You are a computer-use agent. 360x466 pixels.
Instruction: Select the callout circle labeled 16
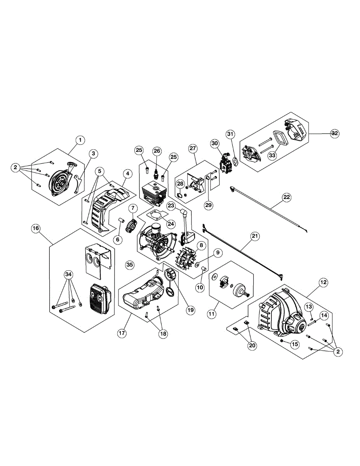[35, 229]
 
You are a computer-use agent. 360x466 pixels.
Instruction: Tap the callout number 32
[334, 133]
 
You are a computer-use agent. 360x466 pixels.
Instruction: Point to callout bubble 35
[130, 265]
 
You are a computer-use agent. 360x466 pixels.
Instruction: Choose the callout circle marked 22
[286, 197]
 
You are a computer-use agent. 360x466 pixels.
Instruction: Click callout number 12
[323, 283]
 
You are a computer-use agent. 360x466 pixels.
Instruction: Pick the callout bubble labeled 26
[157, 150]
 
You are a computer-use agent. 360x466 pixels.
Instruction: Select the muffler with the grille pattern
[98, 299]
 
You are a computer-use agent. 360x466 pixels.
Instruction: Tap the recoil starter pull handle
[72, 165]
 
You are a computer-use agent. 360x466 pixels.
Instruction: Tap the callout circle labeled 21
[255, 236]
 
